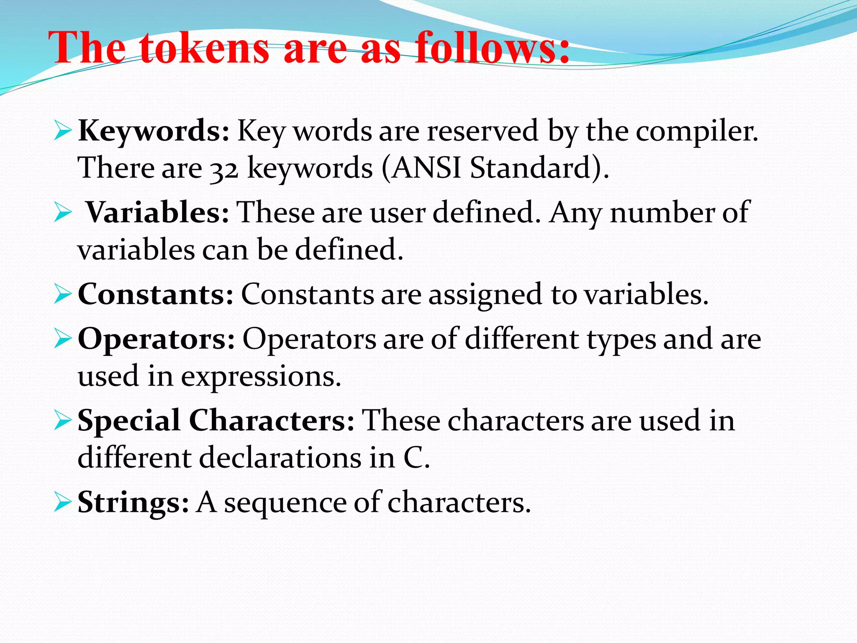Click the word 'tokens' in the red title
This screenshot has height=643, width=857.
pos(204,49)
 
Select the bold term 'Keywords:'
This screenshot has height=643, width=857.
pos(154,131)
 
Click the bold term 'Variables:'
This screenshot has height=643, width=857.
pos(158,213)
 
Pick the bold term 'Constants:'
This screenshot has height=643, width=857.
pos(155,294)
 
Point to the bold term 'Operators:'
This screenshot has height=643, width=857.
pos(156,339)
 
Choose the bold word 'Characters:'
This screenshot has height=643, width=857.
pos(272,420)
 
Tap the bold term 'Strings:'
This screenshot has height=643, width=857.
pos(133,502)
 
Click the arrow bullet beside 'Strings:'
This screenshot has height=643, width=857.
pos(63,503)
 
